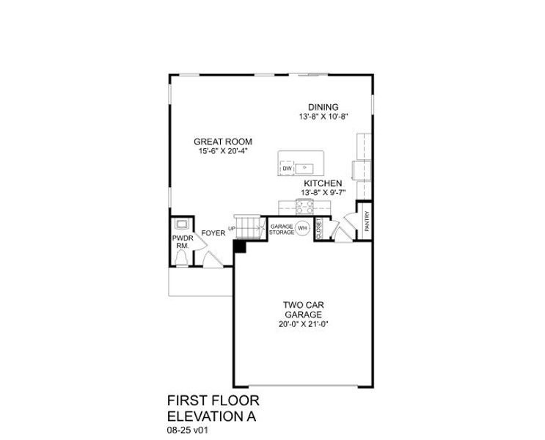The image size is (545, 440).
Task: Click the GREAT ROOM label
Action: click(223, 141)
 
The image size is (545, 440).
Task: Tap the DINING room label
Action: click(323, 107)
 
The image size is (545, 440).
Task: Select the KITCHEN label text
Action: click(323, 183)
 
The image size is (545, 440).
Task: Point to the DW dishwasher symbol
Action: click(287, 169)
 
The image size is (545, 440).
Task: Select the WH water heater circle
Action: click(301, 228)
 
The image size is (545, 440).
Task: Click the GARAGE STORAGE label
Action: click(282, 229)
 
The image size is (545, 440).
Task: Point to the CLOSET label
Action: click(320, 229)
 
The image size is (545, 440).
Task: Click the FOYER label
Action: click(213, 233)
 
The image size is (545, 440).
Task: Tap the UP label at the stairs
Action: click(232, 229)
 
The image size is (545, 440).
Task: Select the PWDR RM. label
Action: click(181, 242)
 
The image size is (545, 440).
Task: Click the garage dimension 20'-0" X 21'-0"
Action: click(303, 323)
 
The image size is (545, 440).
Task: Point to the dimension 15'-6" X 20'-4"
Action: click(223, 151)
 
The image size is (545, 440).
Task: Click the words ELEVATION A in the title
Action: click(213, 414)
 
